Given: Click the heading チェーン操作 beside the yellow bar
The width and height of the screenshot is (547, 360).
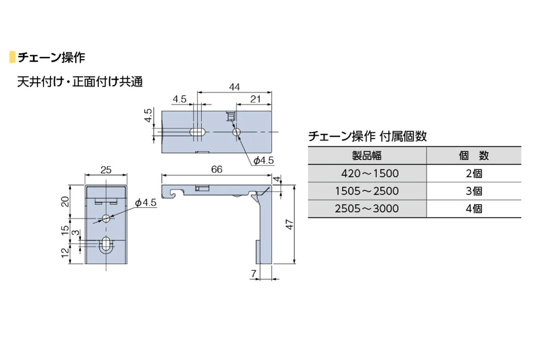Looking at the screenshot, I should [x=51, y=57].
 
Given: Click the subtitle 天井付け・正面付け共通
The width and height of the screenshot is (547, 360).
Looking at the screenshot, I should [x=80, y=82].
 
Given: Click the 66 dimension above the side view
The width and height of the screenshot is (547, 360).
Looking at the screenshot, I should [x=217, y=170].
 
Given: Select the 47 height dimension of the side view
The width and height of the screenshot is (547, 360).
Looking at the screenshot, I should [x=288, y=224].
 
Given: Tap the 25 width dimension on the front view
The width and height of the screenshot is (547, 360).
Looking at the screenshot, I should [x=106, y=170].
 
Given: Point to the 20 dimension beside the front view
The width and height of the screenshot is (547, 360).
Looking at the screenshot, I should [x=65, y=201].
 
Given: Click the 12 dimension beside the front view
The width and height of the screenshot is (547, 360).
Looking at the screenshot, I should [x=65, y=252].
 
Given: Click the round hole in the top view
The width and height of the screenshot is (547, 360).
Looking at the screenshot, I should [x=236, y=132].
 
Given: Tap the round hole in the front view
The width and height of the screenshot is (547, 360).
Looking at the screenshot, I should [x=106, y=218].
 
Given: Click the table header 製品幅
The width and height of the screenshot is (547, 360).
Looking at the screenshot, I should [x=367, y=155].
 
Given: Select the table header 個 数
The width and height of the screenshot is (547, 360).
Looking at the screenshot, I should [x=474, y=155].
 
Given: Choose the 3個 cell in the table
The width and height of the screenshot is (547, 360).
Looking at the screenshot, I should [x=474, y=191].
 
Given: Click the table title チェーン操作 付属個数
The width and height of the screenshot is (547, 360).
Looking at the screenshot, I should [x=367, y=136].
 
